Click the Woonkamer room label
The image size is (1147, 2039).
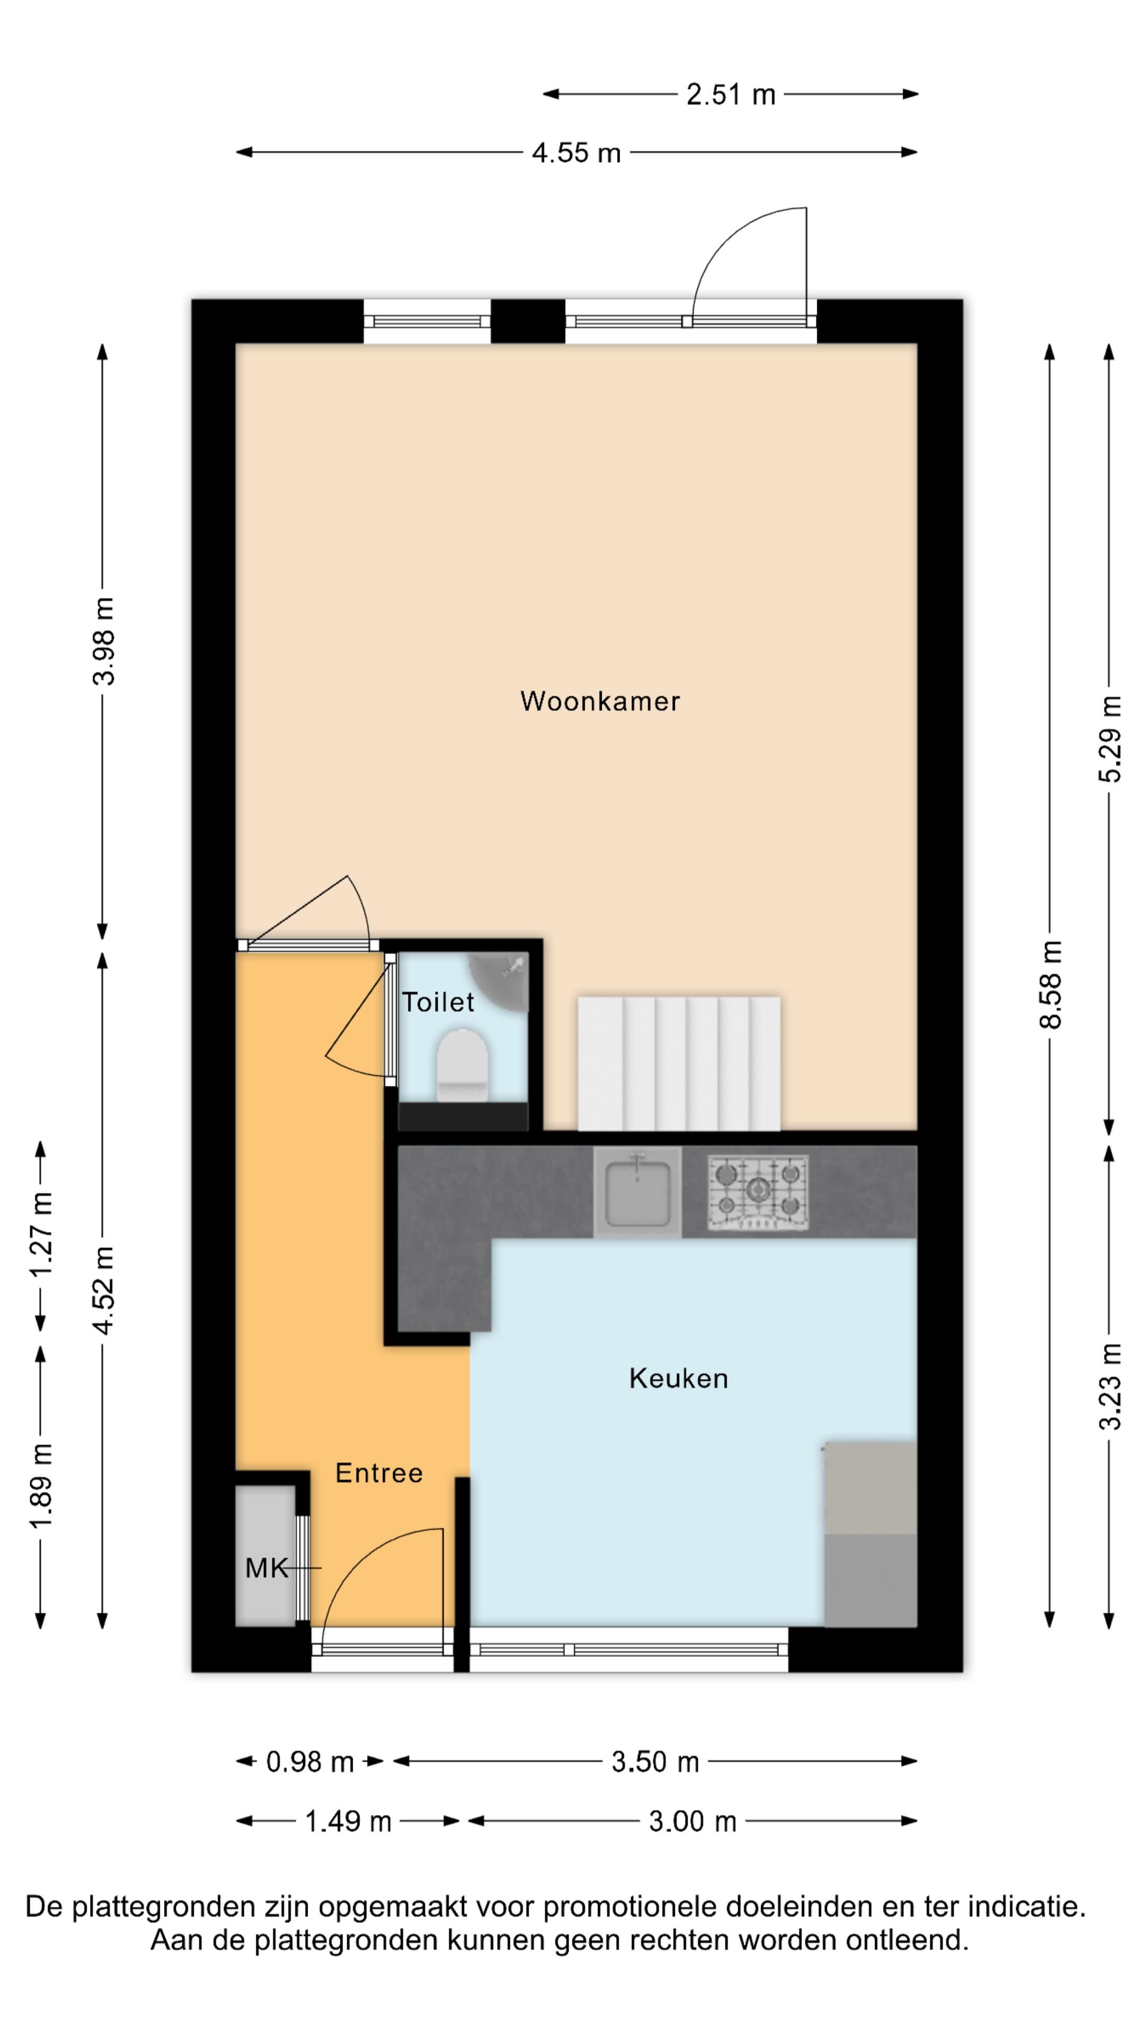[599, 701]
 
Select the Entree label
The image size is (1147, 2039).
[379, 1472]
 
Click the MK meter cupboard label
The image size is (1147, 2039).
[266, 1567]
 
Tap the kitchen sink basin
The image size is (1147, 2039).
[637, 1193]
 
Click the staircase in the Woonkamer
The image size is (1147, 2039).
[679, 1062]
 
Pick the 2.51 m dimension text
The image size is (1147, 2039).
[730, 95]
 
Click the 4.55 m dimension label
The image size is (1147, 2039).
[576, 153]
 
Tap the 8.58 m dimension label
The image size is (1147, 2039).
[1050, 984]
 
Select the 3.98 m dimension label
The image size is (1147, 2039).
[104, 641]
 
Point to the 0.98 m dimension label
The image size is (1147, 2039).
[310, 1762]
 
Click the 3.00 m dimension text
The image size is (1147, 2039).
[692, 1821]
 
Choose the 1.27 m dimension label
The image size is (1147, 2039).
[41, 1233]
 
